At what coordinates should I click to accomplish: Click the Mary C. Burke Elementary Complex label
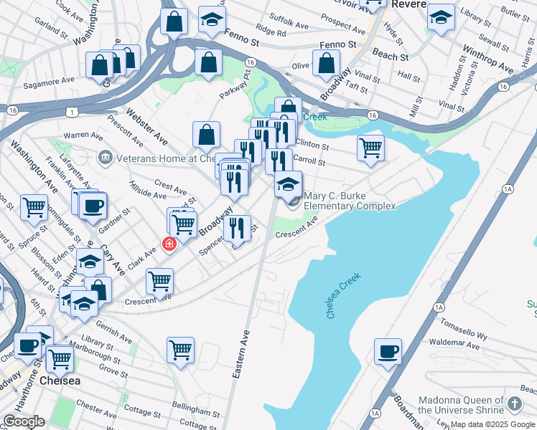tap(350, 201)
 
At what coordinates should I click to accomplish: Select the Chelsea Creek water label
tap(344, 295)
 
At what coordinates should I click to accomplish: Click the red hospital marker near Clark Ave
tap(170, 244)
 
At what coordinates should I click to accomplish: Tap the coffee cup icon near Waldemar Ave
tap(388, 352)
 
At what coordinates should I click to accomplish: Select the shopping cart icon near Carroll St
tap(370, 148)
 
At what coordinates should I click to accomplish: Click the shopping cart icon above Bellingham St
tap(180, 350)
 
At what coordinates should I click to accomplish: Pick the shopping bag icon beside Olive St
tap(327, 62)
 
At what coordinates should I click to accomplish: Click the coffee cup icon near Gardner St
tap(92, 207)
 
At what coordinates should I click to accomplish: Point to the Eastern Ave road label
tap(241, 354)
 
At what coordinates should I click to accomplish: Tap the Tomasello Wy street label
tap(462, 331)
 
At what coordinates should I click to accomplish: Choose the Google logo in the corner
tap(24, 421)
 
